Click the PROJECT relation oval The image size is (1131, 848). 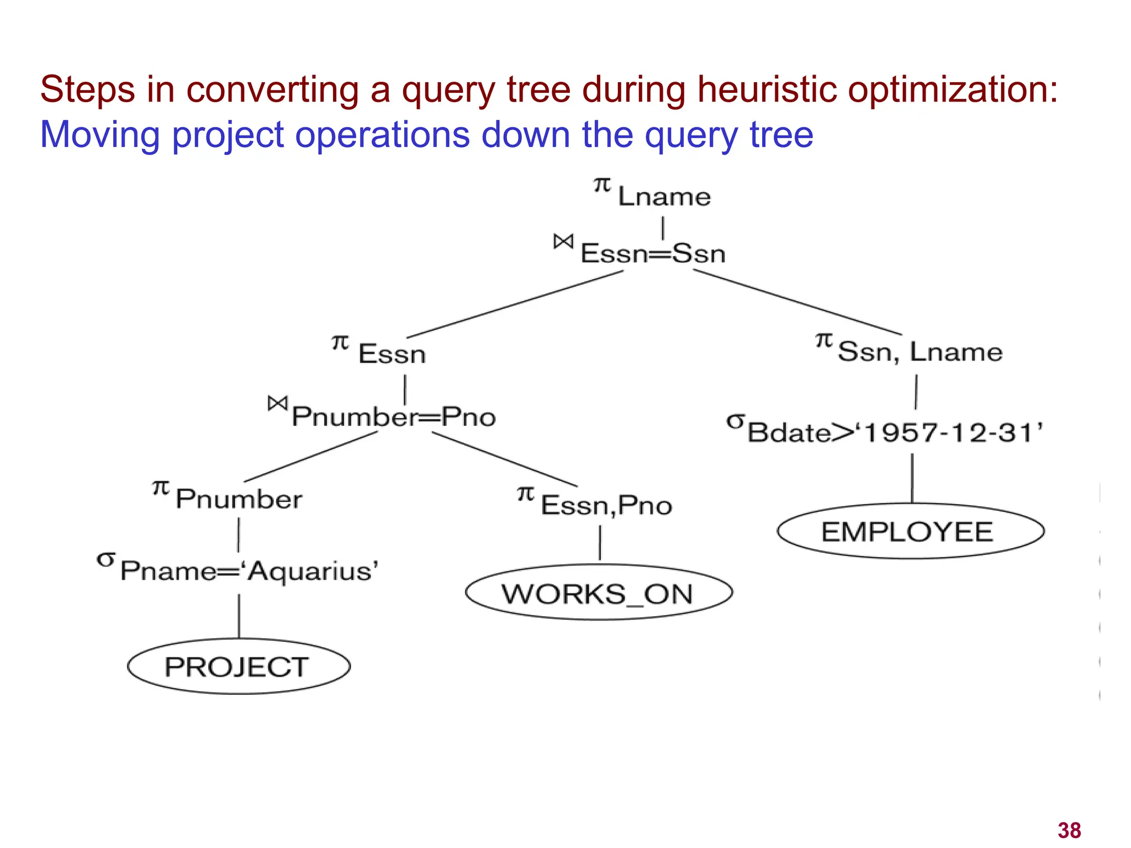(239, 666)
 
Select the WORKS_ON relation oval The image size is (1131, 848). (599, 593)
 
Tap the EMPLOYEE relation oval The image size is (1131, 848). (910, 531)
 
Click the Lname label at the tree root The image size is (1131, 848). (664, 197)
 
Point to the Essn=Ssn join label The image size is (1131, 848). (653, 254)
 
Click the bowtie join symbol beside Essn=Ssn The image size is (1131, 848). (563, 241)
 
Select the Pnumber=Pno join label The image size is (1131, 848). (393, 417)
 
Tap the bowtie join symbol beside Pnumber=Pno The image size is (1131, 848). (278, 404)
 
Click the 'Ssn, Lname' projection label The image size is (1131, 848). (919, 352)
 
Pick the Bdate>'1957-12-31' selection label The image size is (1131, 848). (895, 432)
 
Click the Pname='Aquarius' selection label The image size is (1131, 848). (249, 571)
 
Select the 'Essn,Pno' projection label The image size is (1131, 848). (606, 505)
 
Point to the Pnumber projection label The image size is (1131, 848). (239, 499)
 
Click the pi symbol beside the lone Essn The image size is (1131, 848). (340, 343)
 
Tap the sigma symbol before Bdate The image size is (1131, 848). (735, 422)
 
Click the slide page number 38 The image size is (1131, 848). (1069, 830)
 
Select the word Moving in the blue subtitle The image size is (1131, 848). (100, 135)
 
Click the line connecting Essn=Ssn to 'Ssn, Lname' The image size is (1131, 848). (797, 302)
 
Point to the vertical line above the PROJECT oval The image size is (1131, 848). (239, 616)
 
